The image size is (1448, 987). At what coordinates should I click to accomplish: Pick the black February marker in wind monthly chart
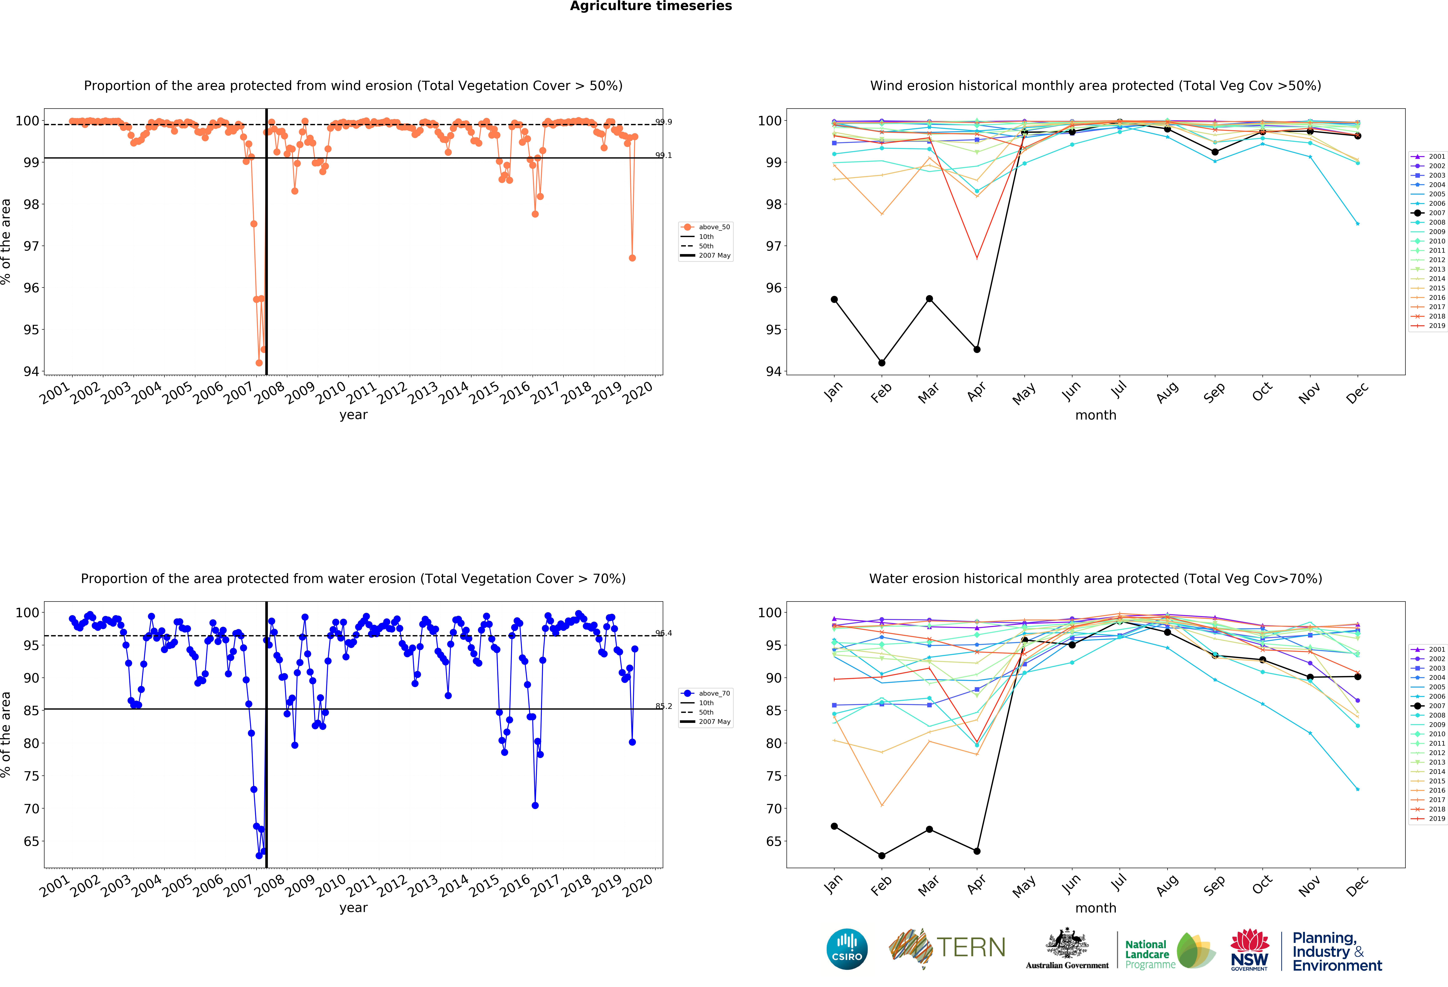click(882, 363)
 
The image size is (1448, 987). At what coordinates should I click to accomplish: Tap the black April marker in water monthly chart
click(977, 851)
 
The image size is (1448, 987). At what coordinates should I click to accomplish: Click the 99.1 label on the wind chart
click(664, 155)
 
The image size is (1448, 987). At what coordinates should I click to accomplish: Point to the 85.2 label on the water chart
click(664, 706)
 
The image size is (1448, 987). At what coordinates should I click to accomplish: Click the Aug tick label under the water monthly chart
click(1167, 885)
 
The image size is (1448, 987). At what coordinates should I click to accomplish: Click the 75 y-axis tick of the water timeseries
click(31, 776)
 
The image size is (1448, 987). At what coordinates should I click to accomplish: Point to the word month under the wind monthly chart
click(1095, 415)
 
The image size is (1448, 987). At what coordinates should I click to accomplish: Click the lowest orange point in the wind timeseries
click(259, 363)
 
